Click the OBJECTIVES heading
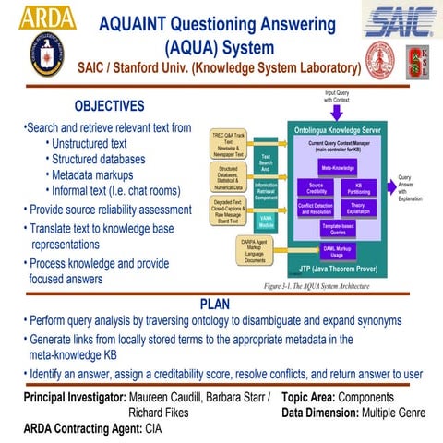(109, 106)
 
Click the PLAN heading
(219, 305)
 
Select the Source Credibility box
(316, 188)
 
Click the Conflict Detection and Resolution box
(316, 209)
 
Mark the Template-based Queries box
(337, 230)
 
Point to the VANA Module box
(266, 221)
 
